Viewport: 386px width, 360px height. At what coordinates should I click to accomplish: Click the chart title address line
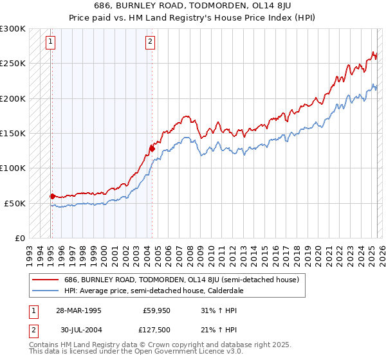point(193,5)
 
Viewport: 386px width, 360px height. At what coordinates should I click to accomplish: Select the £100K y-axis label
point(13,168)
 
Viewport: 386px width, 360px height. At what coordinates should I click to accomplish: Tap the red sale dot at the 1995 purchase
point(52,196)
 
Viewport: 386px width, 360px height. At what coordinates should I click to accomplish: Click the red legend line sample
point(44,280)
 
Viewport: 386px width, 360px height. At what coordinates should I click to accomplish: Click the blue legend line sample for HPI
point(44,291)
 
